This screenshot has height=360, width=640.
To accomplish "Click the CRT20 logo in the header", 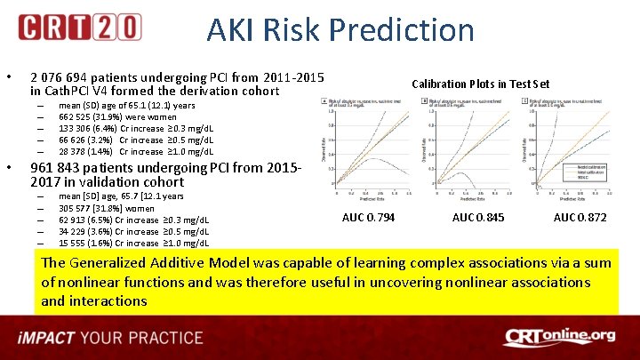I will (79, 28).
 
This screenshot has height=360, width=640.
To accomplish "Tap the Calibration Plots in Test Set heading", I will (480, 84).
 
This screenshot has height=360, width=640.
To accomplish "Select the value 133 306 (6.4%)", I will (87, 128).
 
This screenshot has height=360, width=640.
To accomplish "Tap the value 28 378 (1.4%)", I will (87, 151).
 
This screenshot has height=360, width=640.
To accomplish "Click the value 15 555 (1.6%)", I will (86, 243).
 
